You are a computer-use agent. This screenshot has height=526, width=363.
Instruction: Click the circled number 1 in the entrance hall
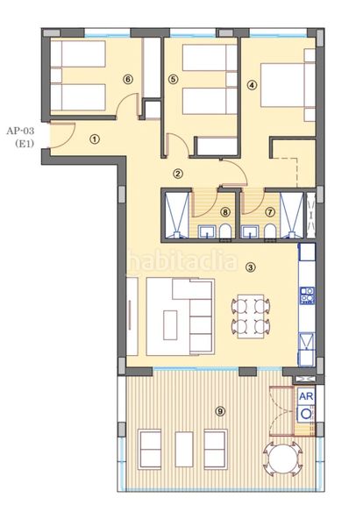[94, 138]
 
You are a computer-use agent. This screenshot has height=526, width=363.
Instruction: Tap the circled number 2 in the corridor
[178, 174]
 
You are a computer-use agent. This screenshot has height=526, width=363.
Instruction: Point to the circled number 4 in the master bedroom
[253, 85]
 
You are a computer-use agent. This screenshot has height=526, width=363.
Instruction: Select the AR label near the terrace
[306, 396]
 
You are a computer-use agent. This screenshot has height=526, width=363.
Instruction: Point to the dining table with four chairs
[250, 316]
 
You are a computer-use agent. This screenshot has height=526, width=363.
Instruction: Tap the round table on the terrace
[285, 458]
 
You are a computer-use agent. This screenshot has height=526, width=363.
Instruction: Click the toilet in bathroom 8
[226, 231]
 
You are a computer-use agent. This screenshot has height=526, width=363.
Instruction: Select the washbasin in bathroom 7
[252, 231]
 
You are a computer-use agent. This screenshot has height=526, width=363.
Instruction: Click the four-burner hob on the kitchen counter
[307, 296]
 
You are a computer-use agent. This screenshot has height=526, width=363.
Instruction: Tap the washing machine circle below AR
[306, 416]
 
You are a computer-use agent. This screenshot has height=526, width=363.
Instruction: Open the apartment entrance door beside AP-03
[61, 132]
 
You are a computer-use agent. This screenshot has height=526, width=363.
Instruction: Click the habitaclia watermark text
[181, 259]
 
